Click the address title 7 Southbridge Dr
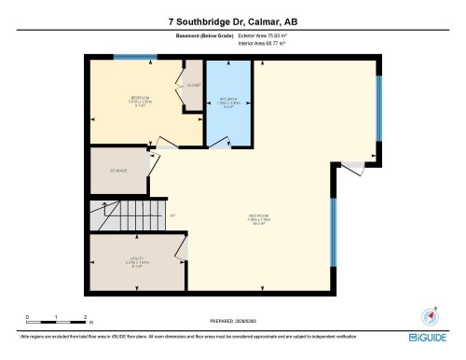[232, 21]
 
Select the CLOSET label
[193, 85]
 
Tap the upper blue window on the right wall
[377, 113]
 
